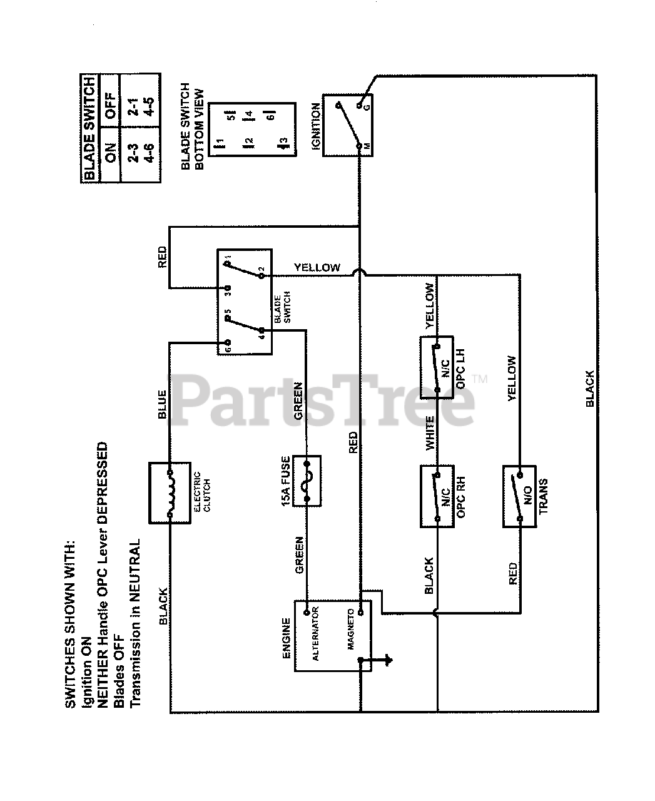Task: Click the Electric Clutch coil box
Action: (169, 493)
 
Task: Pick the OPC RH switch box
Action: (438, 496)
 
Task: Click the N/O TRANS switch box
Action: (519, 496)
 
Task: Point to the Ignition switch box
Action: (347, 125)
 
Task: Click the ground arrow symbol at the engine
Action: (383, 660)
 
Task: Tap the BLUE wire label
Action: (161, 404)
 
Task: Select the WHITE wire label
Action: (430, 433)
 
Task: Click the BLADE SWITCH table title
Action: (89, 128)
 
